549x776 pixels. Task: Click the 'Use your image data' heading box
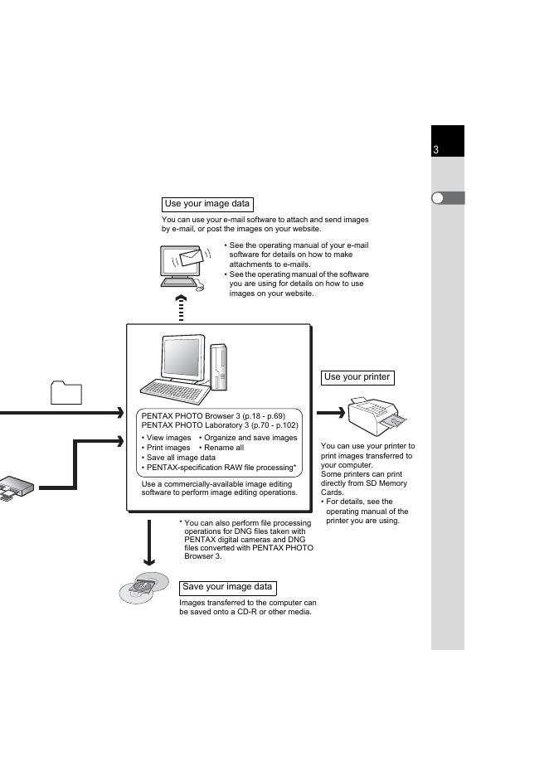point(206,204)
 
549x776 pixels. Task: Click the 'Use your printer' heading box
point(357,377)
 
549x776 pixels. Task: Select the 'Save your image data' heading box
point(227,587)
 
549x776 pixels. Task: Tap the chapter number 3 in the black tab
point(436,150)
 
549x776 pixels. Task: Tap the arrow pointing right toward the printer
point(330,413)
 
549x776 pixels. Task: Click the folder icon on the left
point(66,392)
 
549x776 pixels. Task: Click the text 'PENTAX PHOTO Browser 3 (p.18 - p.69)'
point(213,415)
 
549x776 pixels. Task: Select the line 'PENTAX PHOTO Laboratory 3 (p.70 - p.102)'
point(220,424)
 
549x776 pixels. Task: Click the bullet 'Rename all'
point(221,448)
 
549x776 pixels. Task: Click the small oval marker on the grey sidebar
point(440,198)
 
